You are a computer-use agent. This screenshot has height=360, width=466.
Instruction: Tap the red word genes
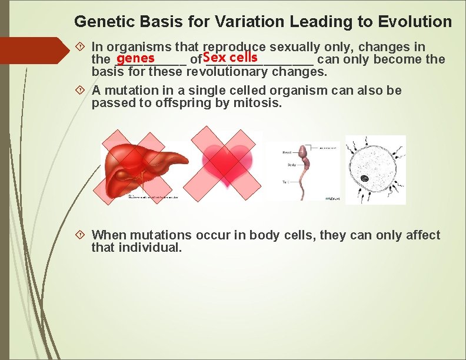click(x=135, y=58)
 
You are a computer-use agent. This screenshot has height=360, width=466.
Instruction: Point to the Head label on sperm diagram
click(x=287, y=152)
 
